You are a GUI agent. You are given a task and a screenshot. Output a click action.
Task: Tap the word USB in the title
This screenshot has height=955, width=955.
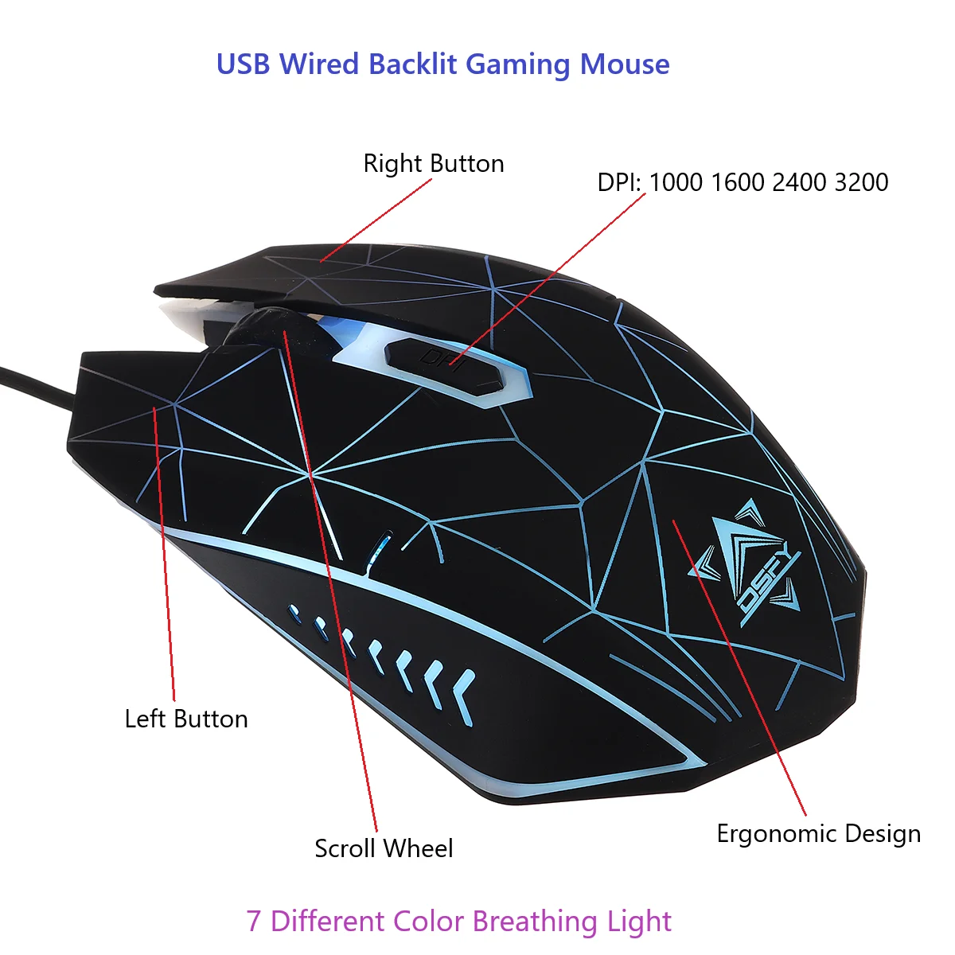[x=244, y=64]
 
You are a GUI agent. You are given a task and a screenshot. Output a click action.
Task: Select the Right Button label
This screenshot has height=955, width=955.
[x=434, y=164]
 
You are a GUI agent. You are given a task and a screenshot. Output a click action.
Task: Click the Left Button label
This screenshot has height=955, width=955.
[x=186, y=719]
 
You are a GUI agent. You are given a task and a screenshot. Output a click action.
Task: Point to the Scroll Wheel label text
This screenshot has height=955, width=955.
[x=384, y=848]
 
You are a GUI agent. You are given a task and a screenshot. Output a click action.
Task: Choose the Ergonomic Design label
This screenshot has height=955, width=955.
[x=818, y=834]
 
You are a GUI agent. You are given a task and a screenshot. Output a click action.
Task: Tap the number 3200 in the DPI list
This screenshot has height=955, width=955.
[x=861, y=182]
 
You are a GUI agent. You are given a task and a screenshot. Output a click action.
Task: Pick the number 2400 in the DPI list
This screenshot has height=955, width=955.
[x=799, y=182]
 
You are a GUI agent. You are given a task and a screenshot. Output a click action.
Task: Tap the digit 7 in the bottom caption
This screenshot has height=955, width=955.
[x=253, y=922]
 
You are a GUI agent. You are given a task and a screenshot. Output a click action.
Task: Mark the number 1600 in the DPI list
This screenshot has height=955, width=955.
[x=738, y=182]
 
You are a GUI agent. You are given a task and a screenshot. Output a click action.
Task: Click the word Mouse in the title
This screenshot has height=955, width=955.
[x=625, y=64]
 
